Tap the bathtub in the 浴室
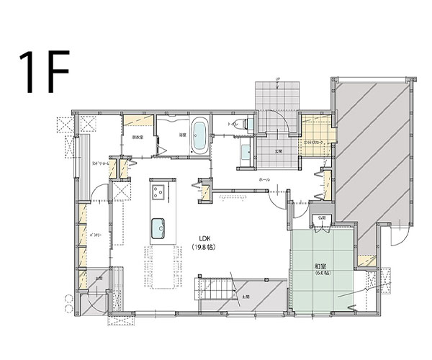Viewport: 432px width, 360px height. click(x=199, y=135)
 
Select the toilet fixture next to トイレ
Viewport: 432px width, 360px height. click(x=247, y=125)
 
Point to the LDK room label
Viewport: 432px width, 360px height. click(x=205, y=239)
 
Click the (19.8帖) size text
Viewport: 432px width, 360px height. click(x=204, y=248)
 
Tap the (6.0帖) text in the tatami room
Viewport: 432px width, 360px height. click(x=321, y=274)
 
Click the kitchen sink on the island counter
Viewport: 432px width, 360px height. click(x=158, y=230)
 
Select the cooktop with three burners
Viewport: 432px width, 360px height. click(x=159, y=192)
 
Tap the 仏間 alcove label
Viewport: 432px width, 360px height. click(x=321, y=217)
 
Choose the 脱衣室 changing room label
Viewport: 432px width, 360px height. click(x=137, y=137)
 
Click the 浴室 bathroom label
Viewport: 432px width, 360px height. click(x=182, y=134)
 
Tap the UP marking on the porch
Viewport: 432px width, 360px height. click(x=279, y=77)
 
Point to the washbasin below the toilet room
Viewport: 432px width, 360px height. click(x=245, y=152)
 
